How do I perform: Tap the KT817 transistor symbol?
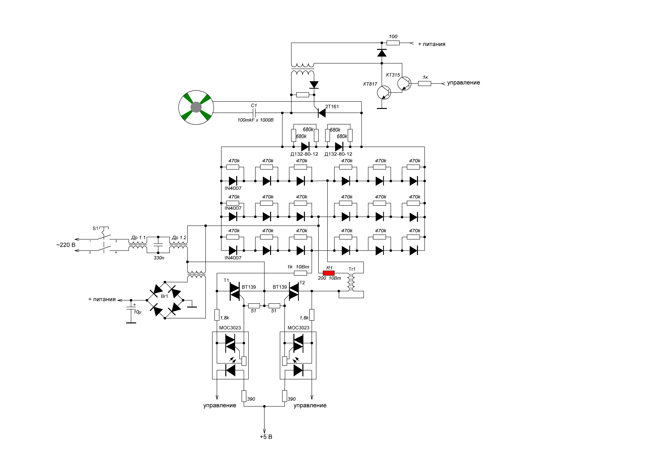point(384,93)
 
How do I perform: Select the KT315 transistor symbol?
point(404,84)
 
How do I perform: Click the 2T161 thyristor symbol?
point(322,113)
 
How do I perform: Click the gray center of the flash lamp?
point(196,107)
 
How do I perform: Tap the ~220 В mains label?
point(66,245)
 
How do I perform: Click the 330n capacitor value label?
point(159,258)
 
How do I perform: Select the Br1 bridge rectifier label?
point(164,296)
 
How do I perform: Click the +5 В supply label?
point(266,437)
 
